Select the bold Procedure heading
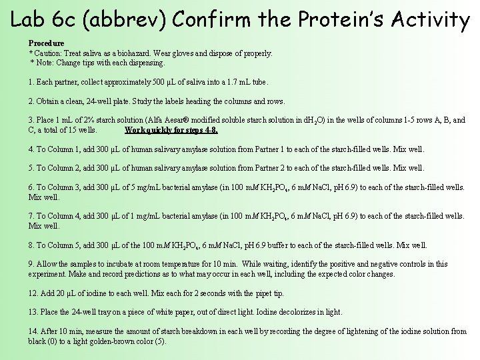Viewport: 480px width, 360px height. tap(47, 43)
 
